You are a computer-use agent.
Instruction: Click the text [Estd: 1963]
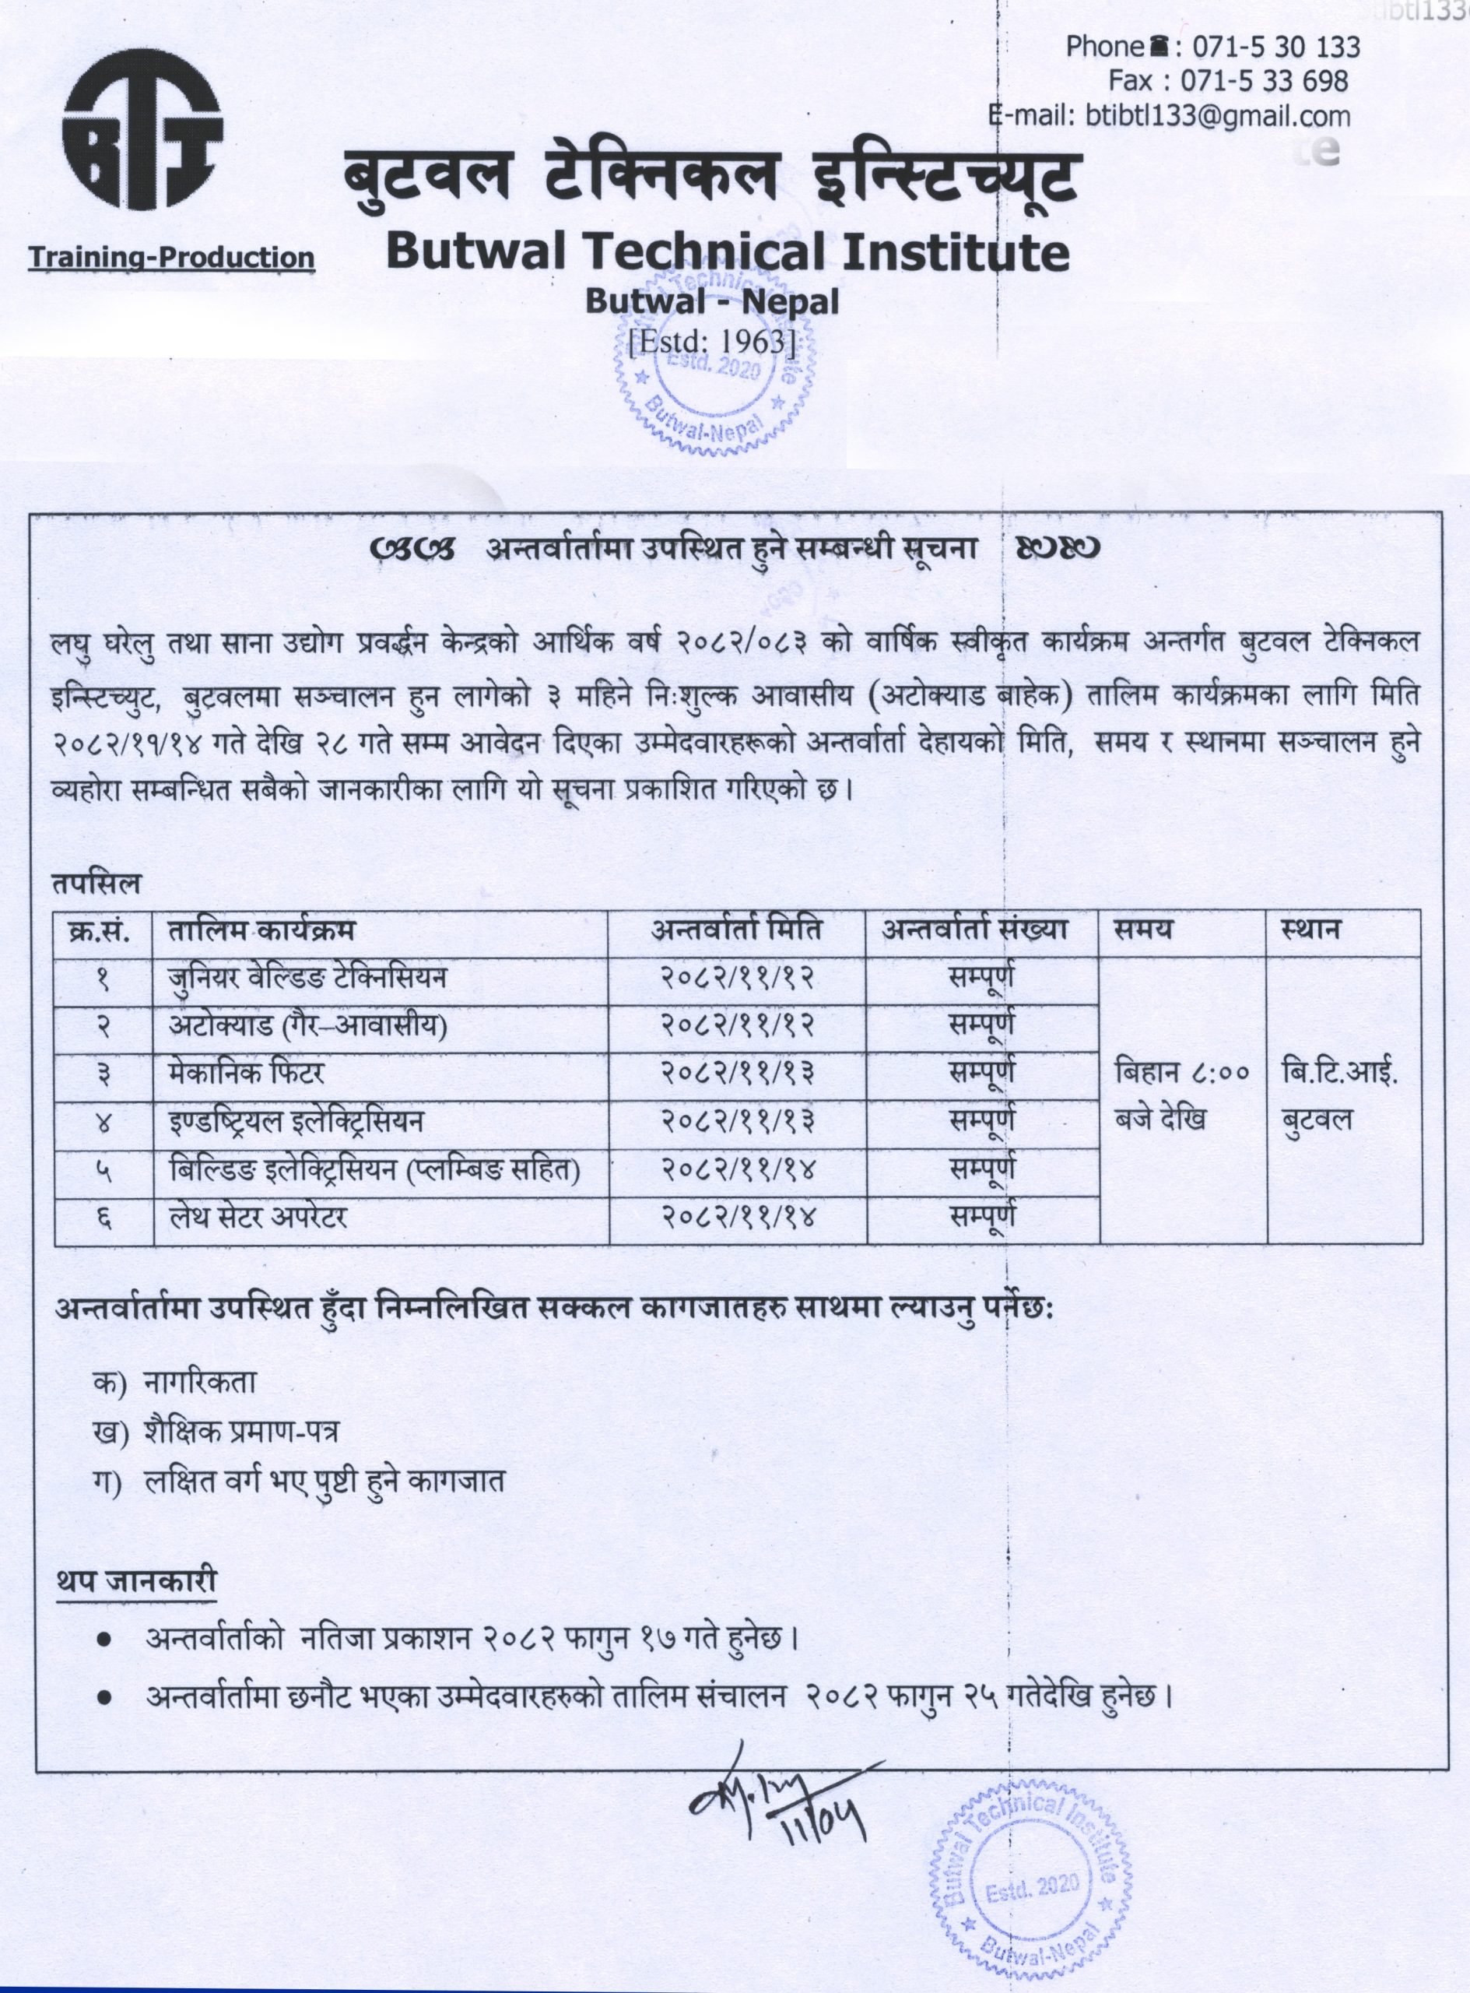pyautogui.click(x=711, y=342)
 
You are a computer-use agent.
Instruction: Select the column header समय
pyautogui.click(x=1142, y=930)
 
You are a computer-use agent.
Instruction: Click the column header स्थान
pyautogui.click(x=1311, y=930)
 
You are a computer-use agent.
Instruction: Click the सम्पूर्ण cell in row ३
pyautogui.click(x=982, y=1074)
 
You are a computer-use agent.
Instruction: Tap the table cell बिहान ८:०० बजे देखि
pyautogui.click(x=1183, y=1097)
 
